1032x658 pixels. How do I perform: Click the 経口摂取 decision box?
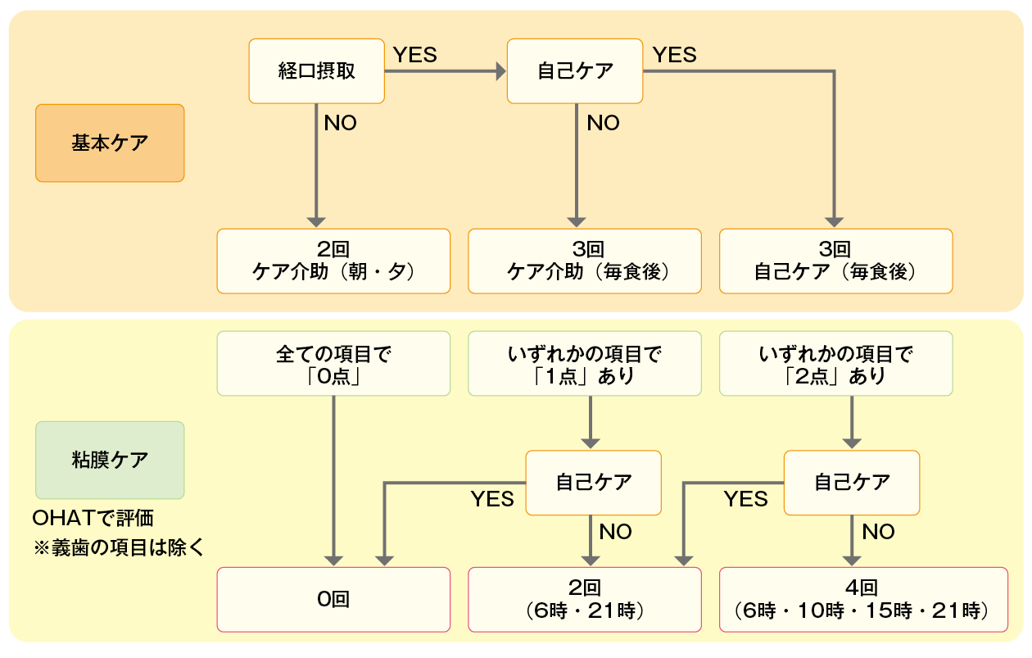click(x=316, y=71)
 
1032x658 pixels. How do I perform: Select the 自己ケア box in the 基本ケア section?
click(x=575, y=71)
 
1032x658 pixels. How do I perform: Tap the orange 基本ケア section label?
click(x=110, y=143)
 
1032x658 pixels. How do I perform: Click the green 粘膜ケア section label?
click(x=110, y=460)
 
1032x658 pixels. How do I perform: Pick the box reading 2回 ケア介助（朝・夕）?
click(x=333, y=261)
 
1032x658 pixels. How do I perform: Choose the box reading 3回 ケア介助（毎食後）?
click(x=585, y=261)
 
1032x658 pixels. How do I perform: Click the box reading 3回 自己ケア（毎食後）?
click(x=835, y=261)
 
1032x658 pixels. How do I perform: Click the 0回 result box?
click(x=333, y=599)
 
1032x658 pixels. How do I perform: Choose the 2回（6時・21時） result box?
click(x=585, y=599)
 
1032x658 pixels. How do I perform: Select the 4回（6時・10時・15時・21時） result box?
click(x=863, y=599)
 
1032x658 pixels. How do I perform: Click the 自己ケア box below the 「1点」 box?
click(x=593, y=483)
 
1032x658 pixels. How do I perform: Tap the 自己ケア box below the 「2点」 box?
click(x=852, y=483)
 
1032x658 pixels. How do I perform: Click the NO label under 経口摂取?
click(x=340, y=124)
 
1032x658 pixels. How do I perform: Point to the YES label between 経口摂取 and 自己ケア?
click(x=415, y=55)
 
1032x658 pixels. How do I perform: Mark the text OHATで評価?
click(x=93, y=519)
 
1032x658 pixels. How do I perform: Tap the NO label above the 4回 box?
click(x=878, y=532)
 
